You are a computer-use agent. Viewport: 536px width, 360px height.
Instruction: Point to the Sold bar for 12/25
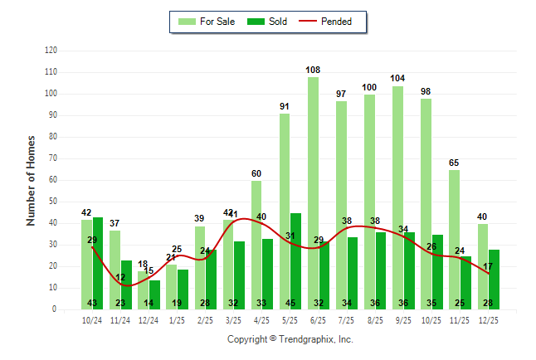click(494, 279)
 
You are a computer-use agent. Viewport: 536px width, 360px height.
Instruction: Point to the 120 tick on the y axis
click(51, 51)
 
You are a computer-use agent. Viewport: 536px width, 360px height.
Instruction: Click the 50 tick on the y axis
click(52, 202)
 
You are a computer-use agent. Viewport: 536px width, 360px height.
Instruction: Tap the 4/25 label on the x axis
click(262, 321)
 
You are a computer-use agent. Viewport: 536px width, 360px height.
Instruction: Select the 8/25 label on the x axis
click(375, 321)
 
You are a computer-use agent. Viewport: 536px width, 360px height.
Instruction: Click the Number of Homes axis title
click(31, 180)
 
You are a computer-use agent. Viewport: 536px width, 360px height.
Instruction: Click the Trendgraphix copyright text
click(290, 339)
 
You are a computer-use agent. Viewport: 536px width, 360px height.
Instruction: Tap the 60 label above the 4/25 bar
click(256, 173)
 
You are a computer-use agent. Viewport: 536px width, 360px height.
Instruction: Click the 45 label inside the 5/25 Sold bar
click(295, 303)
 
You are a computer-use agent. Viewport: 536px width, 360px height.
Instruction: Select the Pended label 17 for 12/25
click(489, 266)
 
